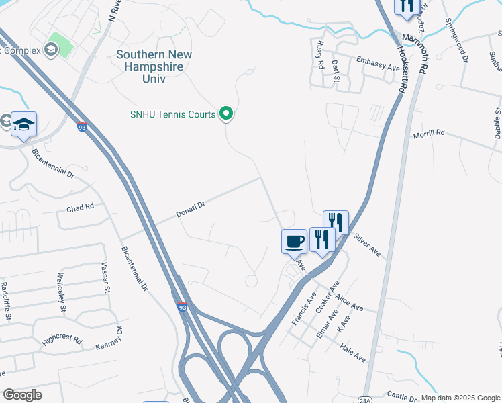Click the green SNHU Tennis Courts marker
(226, 114)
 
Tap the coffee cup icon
(294, 241)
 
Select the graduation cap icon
(23, 124)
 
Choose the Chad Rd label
(80, 208)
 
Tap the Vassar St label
(105, 278)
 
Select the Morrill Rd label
(430, 134)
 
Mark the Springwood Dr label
(456, 41)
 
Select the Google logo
(22, 395)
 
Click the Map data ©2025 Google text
(460, 398)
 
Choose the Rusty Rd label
(321, 56)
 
